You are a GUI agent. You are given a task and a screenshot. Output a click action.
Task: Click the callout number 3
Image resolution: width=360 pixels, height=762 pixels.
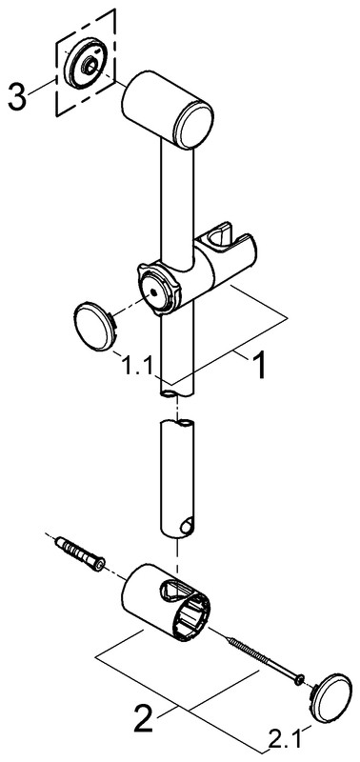[x=17, y=96]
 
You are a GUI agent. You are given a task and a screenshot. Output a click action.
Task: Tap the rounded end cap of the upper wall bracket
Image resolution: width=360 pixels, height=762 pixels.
[x=194, y=125]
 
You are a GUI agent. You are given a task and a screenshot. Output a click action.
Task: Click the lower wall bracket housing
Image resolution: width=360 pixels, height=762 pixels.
[x=165, y=602]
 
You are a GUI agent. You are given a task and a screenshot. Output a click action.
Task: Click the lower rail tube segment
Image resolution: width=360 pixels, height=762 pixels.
[x=177, y=478]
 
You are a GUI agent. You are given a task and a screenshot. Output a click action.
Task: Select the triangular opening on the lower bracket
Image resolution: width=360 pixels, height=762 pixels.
[x=172, y=590]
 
